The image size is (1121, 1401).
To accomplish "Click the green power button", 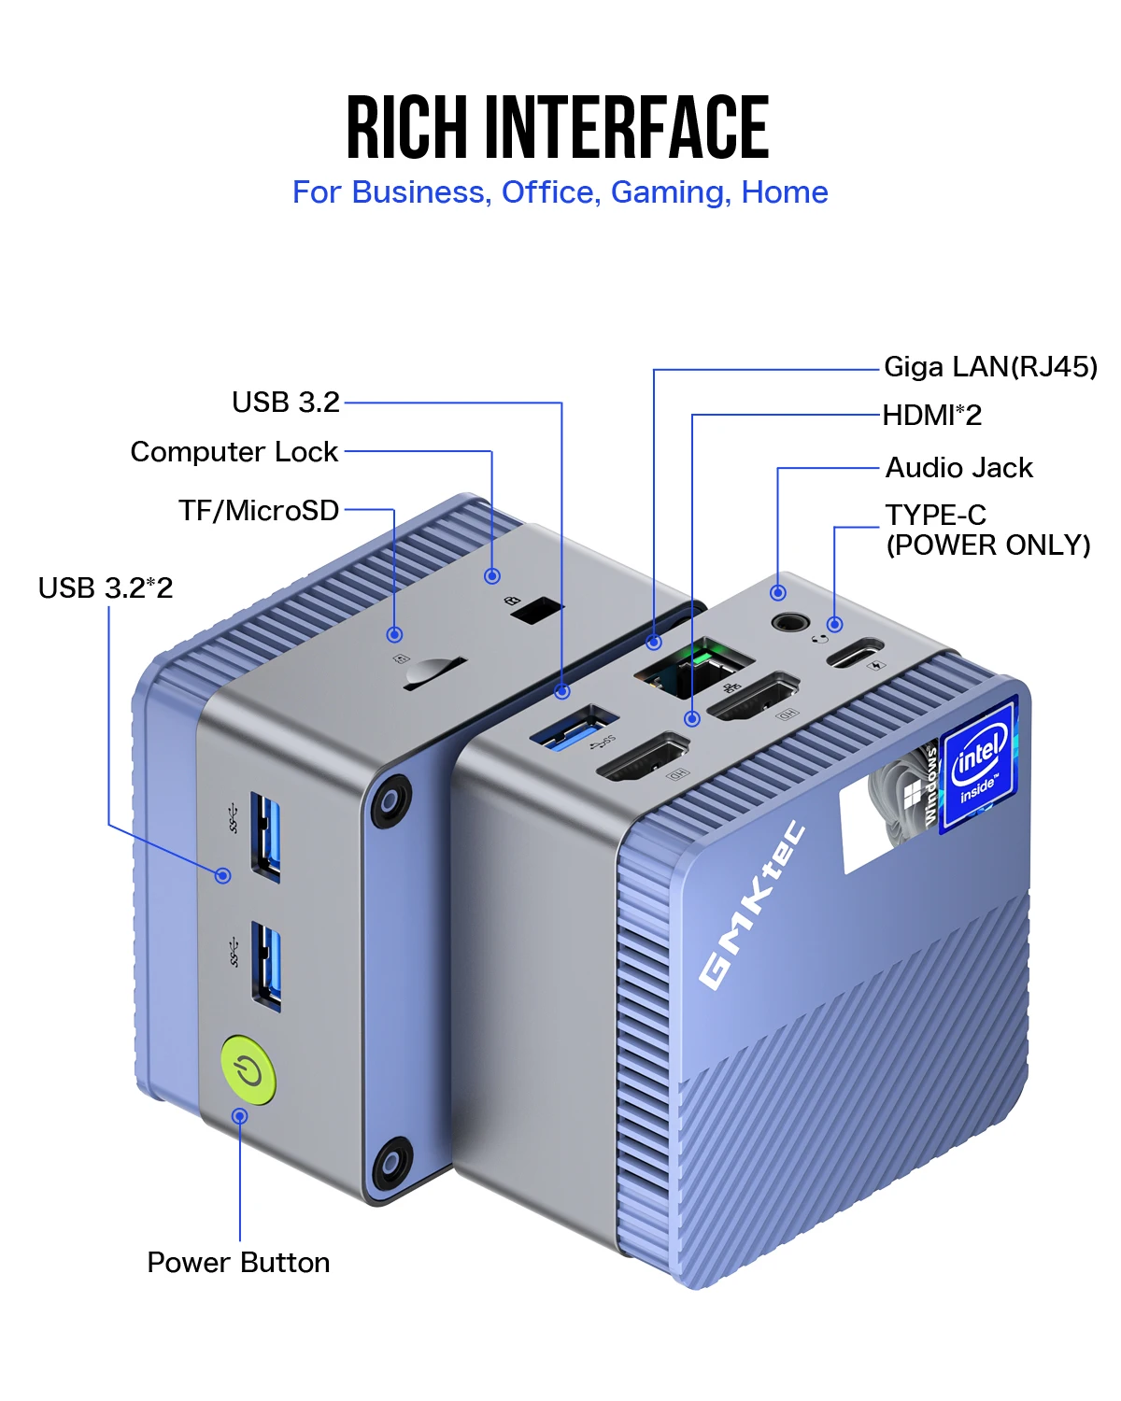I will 248,1069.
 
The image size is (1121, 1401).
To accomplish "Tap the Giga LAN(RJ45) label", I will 990,367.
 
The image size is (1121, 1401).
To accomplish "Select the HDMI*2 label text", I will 931,416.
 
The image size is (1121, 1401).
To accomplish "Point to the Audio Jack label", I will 958,468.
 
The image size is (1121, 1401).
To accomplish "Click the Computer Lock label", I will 234,452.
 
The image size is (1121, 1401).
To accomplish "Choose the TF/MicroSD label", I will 259,511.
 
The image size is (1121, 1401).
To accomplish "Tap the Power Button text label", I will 238,1263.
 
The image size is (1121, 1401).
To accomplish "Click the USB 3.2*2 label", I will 106,588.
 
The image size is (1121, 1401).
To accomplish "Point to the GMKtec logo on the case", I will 752,904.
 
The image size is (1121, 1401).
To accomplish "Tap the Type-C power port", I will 853,652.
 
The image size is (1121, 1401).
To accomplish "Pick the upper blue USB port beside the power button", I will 266,836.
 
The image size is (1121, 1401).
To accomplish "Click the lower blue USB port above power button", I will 266,965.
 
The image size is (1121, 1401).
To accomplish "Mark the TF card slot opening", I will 433,672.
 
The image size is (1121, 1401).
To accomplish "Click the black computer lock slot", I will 537,611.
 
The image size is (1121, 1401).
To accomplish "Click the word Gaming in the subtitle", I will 668,192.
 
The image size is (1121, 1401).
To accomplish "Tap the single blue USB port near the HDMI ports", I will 573,729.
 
